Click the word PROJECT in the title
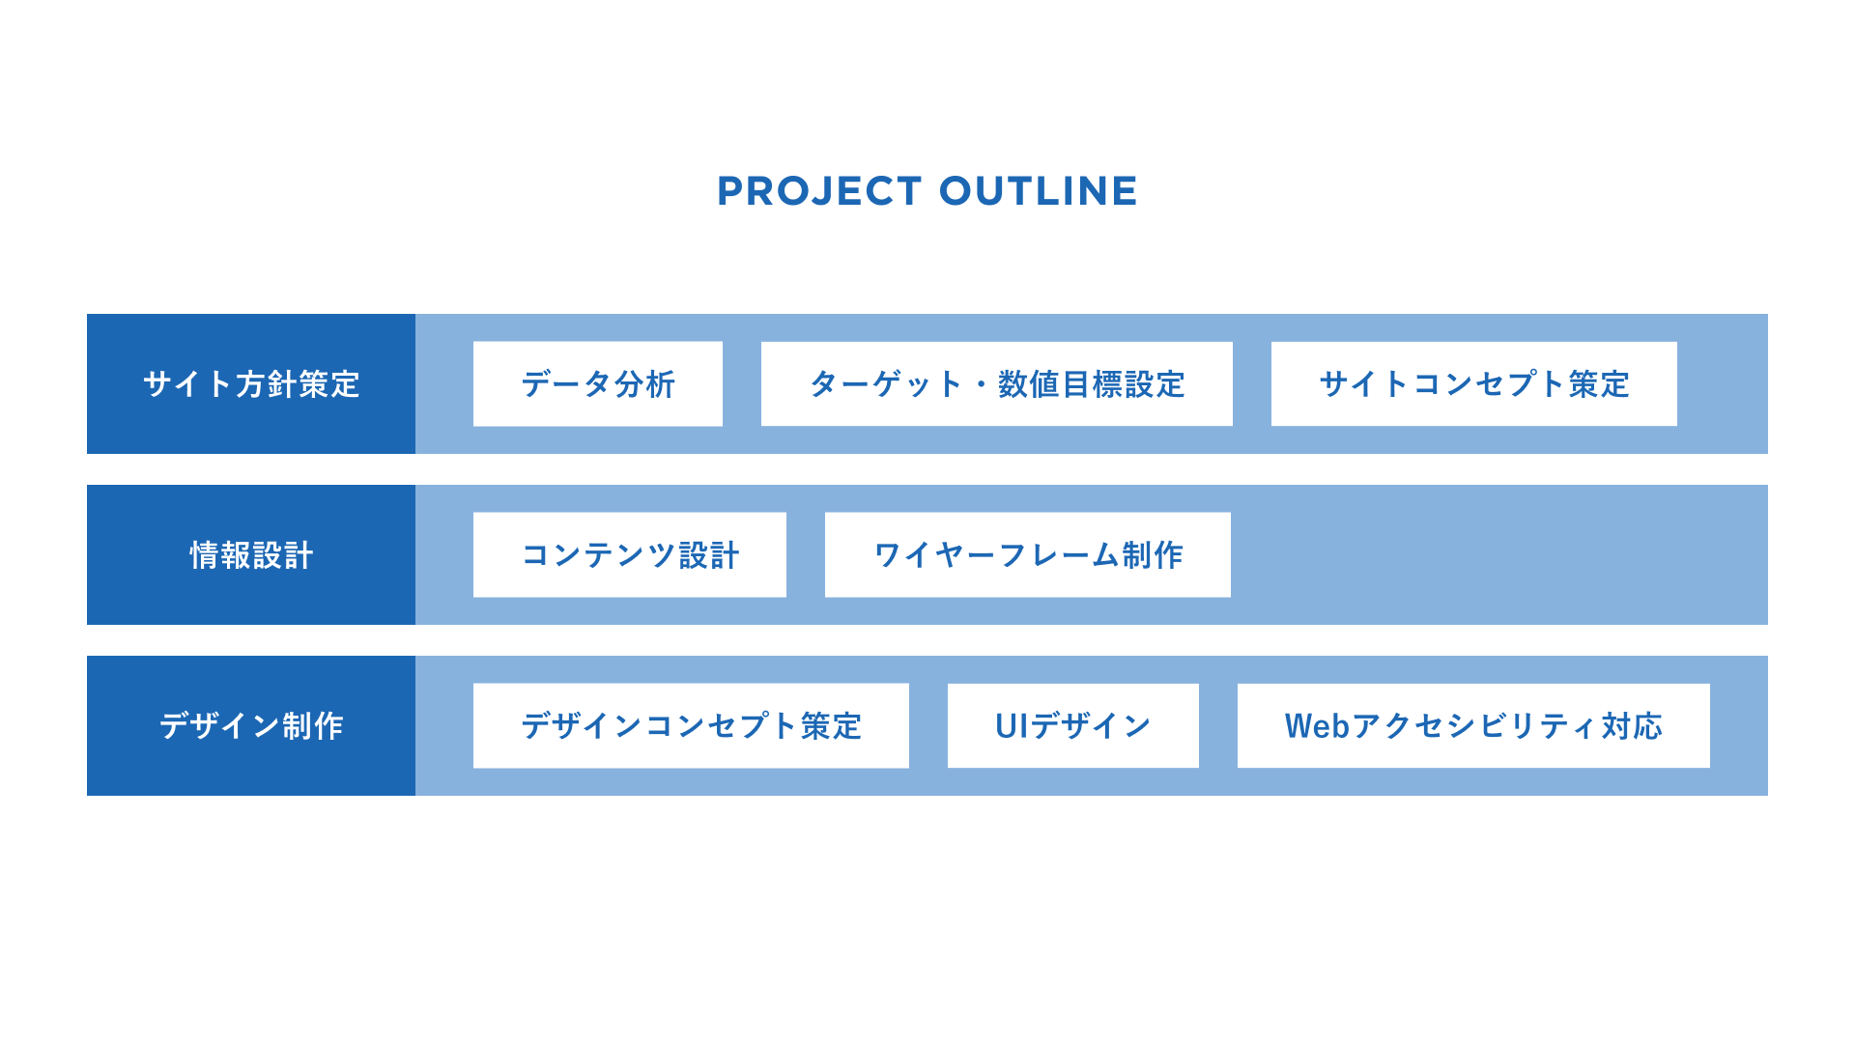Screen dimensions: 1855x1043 [x=819, y=191]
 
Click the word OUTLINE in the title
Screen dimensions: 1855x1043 [x=1039, y=191]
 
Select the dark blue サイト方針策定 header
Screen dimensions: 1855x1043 [x=251, y=383]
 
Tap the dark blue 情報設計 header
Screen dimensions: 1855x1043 [x=251, y=554]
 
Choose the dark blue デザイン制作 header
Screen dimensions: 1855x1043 [x=251, y=725]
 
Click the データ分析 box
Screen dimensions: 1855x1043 [x=598, y=383]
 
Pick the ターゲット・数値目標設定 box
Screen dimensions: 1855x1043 [x=997, y=383]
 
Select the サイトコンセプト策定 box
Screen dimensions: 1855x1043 [x=1474, y=383]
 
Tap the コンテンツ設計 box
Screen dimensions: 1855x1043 [x=630, y=554]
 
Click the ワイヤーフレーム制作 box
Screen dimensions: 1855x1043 [x=1028, y=554]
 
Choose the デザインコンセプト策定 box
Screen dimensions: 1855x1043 [x=691, y=725]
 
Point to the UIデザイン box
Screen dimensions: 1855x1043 [x=1073, y=725]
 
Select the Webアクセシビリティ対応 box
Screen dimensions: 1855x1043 [x=1473, y=725]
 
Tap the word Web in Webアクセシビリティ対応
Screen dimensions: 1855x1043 [x=1317, y=726]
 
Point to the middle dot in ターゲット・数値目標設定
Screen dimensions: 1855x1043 [x=981, y=384]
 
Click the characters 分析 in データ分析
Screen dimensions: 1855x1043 [x=644, y=384]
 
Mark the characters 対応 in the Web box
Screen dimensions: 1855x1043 [x=1632, y=726]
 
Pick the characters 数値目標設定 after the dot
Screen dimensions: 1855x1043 [x=1092, y=384]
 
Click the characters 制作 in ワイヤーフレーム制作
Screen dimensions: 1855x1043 [x=1153, y=555]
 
